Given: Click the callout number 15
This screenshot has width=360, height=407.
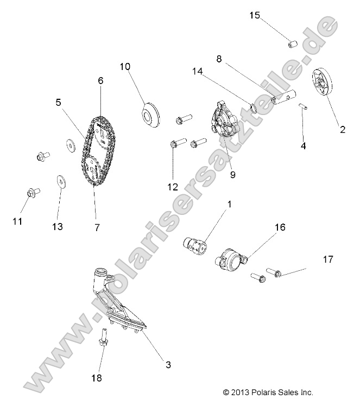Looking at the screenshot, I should (x=255, y=15).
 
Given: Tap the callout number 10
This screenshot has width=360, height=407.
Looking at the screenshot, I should (x=125, y=67).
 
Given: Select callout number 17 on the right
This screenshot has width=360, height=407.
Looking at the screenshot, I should (x=327, y=259).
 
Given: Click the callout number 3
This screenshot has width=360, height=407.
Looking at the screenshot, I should (x=168, y=365).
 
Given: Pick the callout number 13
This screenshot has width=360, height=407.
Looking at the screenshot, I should (x=57, y=226).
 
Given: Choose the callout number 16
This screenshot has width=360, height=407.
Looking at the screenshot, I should (x=280, y=227).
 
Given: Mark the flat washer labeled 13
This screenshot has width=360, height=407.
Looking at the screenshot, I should (x=59, y=181).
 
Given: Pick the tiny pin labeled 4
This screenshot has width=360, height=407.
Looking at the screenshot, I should (x=306, y=106).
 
